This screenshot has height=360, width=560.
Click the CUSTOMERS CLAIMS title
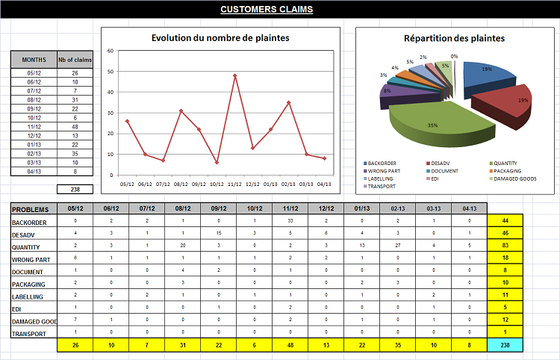pyautogui.click(x=267, y=10)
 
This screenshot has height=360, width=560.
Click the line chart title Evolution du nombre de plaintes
pyautogui.click(x=220, y=38)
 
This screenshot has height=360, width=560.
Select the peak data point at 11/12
pyautogui.click(x=235, y=75)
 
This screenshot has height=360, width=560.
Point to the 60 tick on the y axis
pyautogui.click(x=111, y=51)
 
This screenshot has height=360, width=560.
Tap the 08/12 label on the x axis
pyautogui.click(x=181, y=184)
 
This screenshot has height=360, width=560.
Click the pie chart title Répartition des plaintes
pyautogui.click(x=454, y=38)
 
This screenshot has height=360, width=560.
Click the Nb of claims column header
pyautogui.click(x=75, y=59)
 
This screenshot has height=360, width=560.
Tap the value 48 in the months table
pyautogui.click(x=75, y=126)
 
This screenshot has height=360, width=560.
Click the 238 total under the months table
pyautogui.click(x=75, y=190)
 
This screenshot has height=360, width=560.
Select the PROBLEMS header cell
pyautogui.click(x=34, y=209)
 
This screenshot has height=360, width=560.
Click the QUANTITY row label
pyautogui.click(x=29, y=246)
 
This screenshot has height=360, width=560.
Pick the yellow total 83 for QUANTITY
pyautogui.click(x=505, y=246)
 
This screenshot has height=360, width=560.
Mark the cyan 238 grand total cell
pyautogui.click(x=505, y=346)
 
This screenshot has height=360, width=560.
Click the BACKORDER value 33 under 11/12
pyautogui.click(x=289, y=221)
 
